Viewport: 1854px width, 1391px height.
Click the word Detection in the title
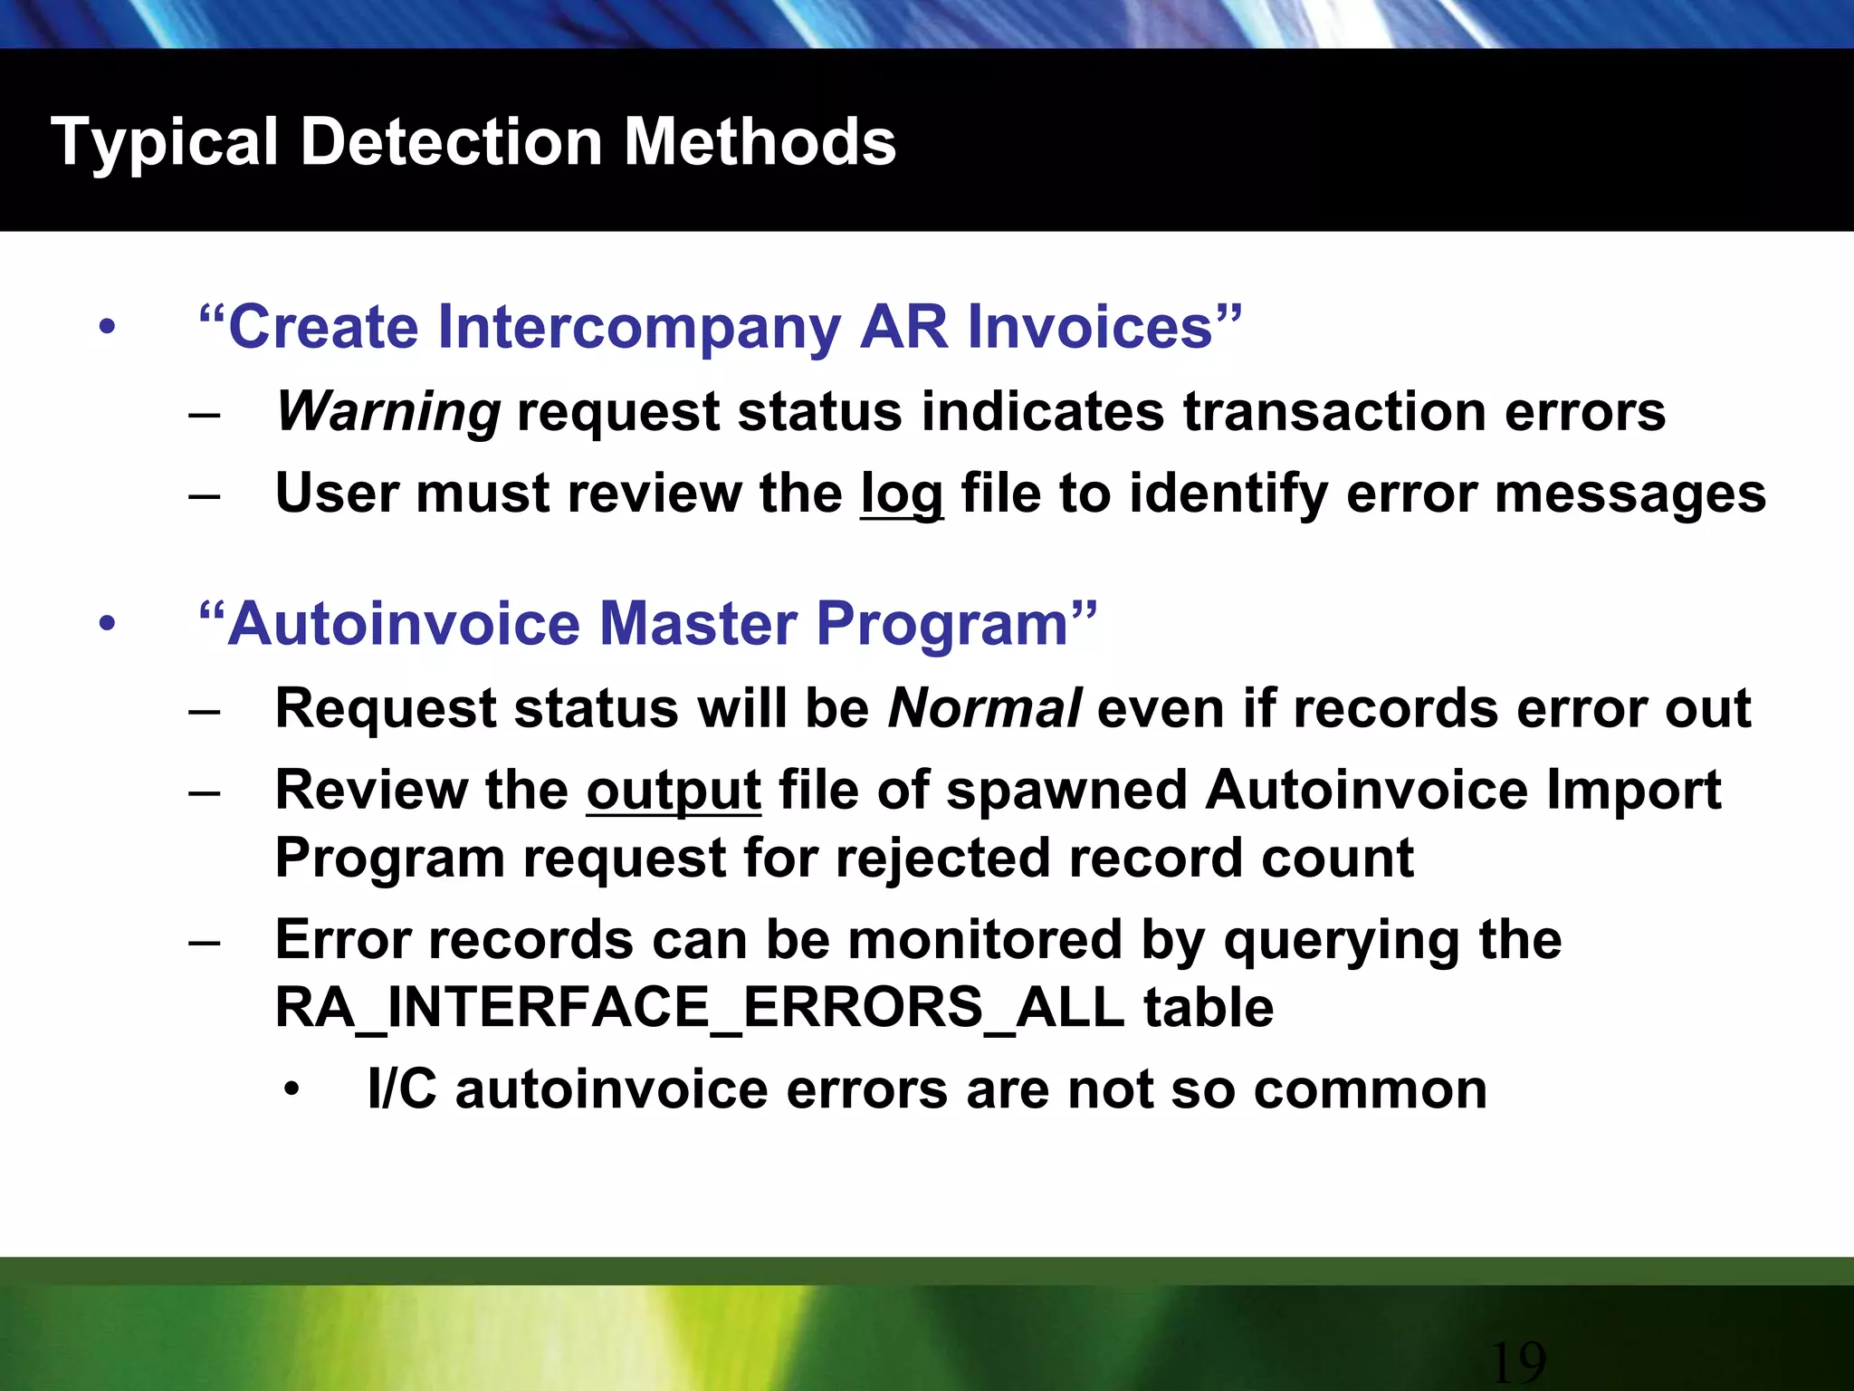point(452,142)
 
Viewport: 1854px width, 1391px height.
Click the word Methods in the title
point(760,142)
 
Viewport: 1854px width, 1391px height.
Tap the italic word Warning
point(387,411)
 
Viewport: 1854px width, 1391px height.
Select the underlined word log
point(901,494)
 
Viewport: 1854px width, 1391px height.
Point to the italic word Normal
point(984,708)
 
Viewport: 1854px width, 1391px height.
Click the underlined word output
point(674,791)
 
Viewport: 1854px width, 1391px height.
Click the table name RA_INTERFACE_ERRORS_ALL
point(699,1007)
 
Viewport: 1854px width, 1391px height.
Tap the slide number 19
point(1517,1361)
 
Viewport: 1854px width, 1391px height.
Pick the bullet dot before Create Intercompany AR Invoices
point(108,328)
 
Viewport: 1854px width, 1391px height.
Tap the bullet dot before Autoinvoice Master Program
point(108,625)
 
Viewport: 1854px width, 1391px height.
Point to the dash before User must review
point(205,495)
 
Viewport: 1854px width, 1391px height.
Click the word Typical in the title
point(164,144)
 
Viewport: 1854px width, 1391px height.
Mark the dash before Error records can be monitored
point(205,942)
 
